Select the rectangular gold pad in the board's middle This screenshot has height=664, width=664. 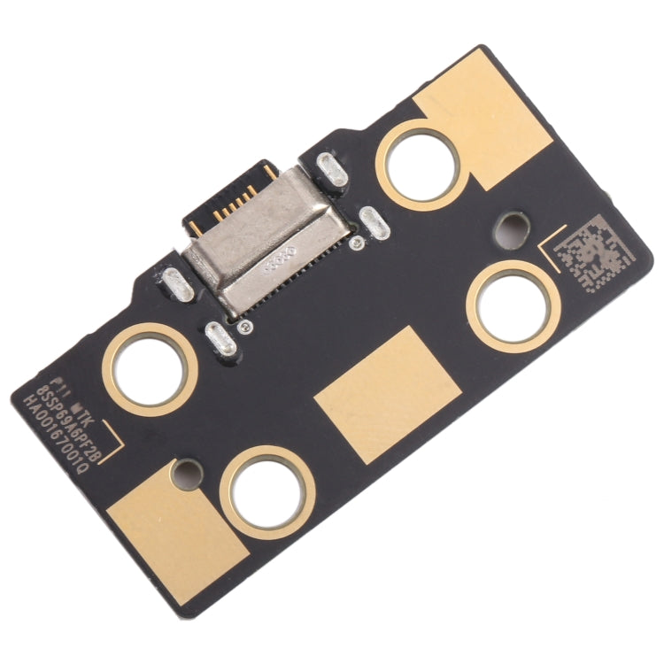point(388,393)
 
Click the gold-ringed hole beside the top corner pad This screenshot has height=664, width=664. point(420,165)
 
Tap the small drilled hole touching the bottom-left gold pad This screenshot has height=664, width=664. point(187,471)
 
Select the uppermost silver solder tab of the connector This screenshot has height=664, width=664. point(331,169)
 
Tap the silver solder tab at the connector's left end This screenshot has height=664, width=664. point(179,282)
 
